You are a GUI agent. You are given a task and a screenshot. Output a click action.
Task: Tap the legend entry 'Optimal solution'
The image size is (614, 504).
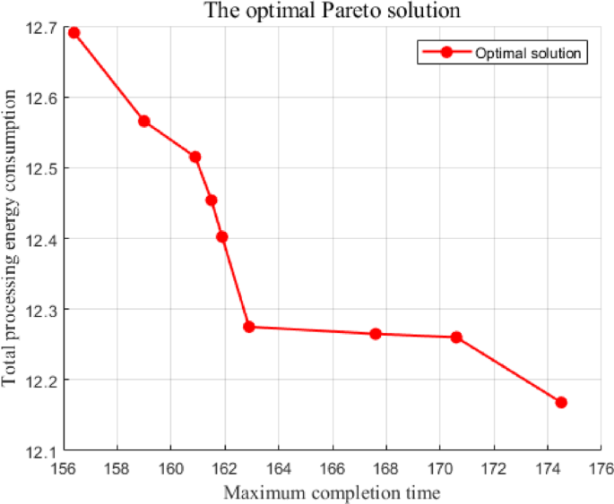(x=530, y=54)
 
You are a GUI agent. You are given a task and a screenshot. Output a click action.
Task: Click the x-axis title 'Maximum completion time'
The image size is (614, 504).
(x=332, y=492)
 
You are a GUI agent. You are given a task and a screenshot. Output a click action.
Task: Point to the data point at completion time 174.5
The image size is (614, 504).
(x=561, y=402)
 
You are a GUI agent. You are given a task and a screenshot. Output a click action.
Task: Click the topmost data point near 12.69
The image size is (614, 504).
(x=74, y=32)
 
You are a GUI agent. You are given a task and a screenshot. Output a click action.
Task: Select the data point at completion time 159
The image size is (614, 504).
(x=143, y=121)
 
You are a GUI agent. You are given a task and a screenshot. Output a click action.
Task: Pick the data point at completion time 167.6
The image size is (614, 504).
(x=376, y=334)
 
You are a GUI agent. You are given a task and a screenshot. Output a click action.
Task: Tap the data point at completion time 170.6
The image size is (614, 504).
(x=456, y=337)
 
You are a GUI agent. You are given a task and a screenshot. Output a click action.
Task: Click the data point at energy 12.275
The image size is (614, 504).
(x=249, y=327)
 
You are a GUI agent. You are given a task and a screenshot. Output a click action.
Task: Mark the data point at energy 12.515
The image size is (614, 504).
(x=195, y=157)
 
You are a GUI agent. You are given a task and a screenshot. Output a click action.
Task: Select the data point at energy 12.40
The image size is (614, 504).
(x=222, y=236)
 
